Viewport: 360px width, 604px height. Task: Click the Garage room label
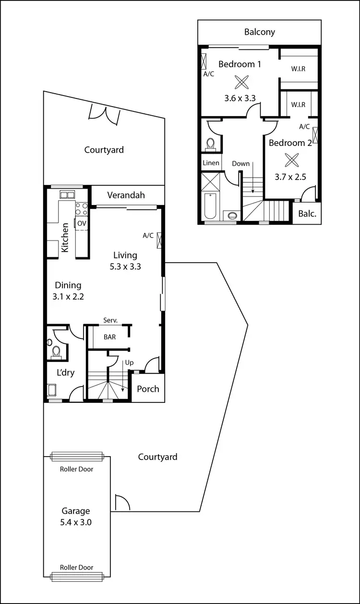(75, 511)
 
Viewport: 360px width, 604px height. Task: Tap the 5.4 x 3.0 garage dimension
(75, 522)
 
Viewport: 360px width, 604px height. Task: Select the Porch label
(148, 388)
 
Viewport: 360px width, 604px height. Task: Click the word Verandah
(126, 195)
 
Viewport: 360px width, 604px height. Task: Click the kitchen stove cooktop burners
(81, 208)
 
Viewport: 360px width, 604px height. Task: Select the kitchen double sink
(66, 194)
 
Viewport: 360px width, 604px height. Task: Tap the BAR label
(110, 337)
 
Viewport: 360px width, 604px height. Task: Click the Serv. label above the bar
(110, 321)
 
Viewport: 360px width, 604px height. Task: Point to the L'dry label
(65, 373)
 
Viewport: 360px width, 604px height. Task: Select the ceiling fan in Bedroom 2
(290, 159)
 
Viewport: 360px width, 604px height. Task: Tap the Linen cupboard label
(211, 163)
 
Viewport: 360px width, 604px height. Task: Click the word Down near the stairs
(240, 164)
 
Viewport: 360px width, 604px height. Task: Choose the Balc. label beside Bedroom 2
(307, 214)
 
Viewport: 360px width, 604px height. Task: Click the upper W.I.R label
(298, 69)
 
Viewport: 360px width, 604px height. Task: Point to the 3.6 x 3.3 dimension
(240, 98)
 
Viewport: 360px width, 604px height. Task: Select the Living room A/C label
(148, 235)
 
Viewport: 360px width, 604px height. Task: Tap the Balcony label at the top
(259, 32)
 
